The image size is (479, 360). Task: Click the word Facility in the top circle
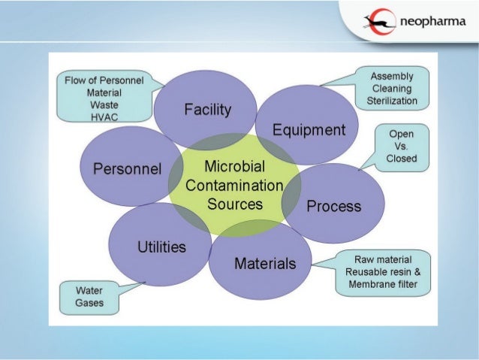207,110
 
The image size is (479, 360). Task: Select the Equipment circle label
309,130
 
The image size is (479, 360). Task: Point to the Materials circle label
265,263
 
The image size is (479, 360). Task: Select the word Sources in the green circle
234,204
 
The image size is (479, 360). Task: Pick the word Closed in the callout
401,159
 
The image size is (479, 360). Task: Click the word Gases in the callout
89,303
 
